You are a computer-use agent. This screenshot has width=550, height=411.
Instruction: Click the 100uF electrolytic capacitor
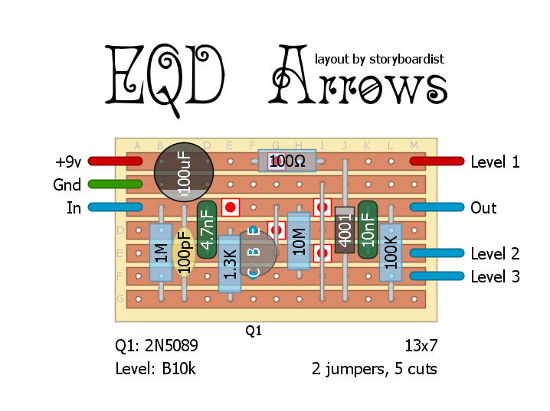point(184,171)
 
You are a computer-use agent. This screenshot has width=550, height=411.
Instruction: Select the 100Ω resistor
point(287,161)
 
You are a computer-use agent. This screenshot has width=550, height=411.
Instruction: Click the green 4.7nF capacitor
point(207,229)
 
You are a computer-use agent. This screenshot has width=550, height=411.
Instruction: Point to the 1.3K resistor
point(230,263)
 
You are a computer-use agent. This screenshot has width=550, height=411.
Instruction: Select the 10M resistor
point(299,240)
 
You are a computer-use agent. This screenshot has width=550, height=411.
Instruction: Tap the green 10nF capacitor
point(368,229)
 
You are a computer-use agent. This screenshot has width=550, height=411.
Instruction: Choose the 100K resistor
point(391,252)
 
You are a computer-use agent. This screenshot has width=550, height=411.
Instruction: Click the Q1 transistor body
point(253,253)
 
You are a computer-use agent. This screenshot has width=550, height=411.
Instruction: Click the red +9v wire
point(115,161)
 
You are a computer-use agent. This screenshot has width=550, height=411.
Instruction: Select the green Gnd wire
point(115,184)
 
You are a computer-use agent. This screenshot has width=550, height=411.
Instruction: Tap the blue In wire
point(115,207)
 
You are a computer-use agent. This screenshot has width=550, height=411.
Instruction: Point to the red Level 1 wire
point(437,161)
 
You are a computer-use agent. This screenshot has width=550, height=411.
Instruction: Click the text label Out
point(483,208)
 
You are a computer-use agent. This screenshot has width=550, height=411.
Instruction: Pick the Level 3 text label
point(495,277)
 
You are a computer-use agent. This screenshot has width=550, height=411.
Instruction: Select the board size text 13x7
point(421,346)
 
